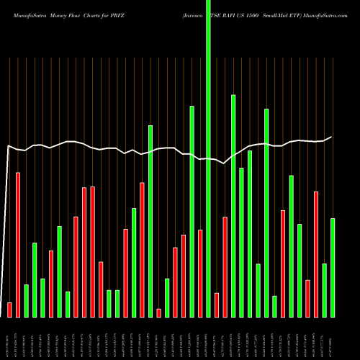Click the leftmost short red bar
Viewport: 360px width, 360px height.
[9, 310]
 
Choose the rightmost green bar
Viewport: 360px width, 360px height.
[333, 267]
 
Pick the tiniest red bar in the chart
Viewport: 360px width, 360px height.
[159, 312]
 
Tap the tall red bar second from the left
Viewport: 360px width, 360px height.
[18, 245]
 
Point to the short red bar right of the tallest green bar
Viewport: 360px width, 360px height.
[217, 305]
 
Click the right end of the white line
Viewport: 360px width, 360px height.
[332, 137]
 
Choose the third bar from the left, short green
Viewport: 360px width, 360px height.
[26, 300]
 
